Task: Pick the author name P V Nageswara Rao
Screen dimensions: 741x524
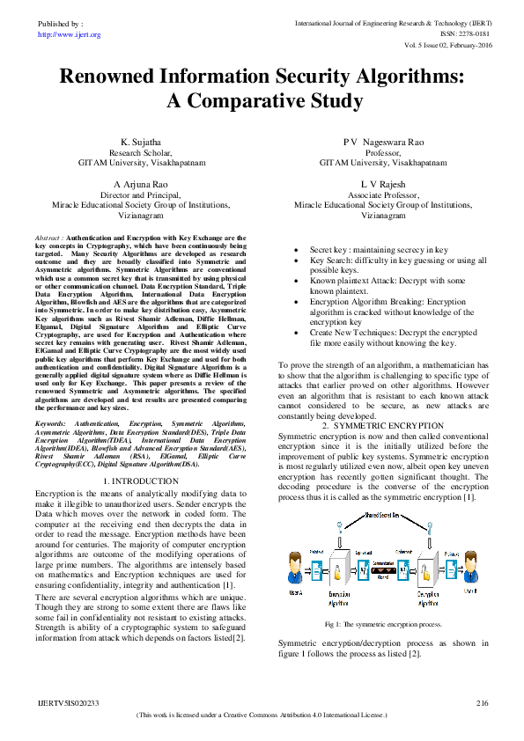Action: (x=382, y=141)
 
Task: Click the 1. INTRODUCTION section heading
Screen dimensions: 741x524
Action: (x=141, y=481)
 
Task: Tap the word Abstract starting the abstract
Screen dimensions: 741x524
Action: (x=48, y=238)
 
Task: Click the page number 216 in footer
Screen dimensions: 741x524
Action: (x=482, y=703)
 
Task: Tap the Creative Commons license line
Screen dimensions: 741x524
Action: (x=262, y=715)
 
